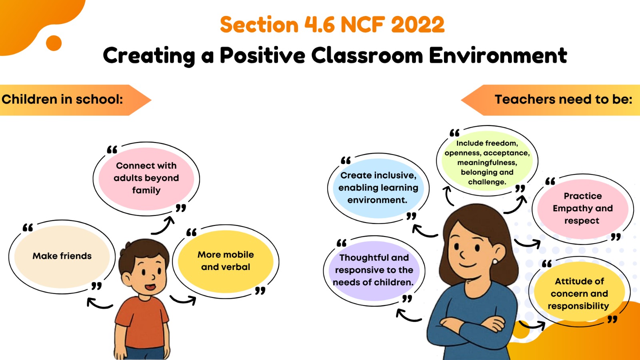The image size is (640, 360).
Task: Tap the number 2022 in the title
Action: click(418, 24)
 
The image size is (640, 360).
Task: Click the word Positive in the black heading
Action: click(262, 56)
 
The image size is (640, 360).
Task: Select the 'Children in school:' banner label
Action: click(62, 100)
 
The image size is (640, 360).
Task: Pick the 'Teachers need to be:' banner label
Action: click(564, 100)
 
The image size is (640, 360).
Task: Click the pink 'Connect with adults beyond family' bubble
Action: click(146, 178)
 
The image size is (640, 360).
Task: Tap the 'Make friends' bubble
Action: click(62, 256)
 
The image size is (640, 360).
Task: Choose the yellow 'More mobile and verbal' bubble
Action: click(226, 262)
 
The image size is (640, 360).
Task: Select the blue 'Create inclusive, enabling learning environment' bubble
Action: click(378, 188)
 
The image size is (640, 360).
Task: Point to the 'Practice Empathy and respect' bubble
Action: click(583, 209)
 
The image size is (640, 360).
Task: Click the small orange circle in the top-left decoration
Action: click(54, 43)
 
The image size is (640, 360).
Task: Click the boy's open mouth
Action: click(150, 286)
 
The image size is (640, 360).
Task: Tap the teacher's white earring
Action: click(495, 262)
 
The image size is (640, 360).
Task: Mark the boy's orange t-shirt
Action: click(142, 322)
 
